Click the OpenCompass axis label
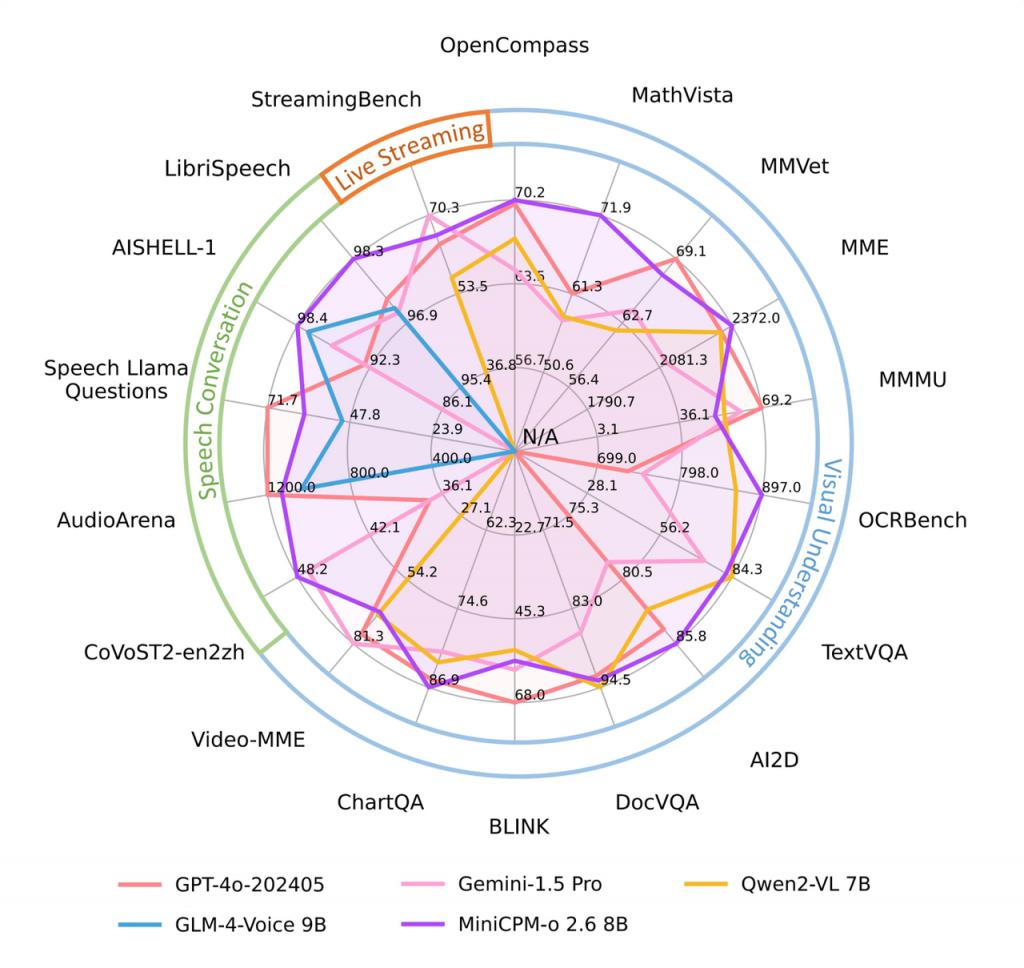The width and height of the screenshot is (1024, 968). pos(514,45)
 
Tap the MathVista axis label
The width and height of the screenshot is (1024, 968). pos(682,95)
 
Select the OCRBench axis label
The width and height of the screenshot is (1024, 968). pos(912,520)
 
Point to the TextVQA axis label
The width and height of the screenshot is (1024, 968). pos(864,653)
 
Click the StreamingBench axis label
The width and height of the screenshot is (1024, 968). pos(336,99)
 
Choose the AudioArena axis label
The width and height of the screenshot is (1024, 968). pos(116,520)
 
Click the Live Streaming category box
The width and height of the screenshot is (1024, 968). pos(407,156)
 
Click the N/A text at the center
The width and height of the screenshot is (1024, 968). pos(540,437)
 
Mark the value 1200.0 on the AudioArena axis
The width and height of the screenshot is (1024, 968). pos(291,487)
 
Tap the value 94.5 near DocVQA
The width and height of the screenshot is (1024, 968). pos(613,680)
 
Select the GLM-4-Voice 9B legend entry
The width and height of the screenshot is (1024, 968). pos(221,924)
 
